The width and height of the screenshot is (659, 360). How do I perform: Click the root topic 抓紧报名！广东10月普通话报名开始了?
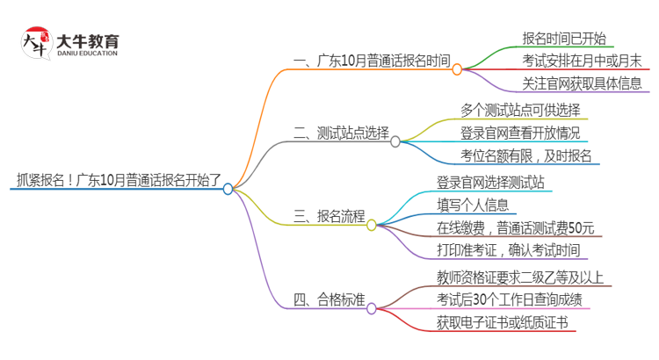[115, 181]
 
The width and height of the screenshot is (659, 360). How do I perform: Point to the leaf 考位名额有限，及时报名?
[526, 156]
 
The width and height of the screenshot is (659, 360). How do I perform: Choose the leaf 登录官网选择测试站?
[496, 182]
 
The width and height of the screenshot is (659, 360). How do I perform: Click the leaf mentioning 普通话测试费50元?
[515, 227]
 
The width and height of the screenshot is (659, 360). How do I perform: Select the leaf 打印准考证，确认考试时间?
[508, 250]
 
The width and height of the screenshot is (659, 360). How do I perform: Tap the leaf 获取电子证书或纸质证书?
[502, 323]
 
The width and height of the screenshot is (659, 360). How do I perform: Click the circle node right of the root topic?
[228, 188]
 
